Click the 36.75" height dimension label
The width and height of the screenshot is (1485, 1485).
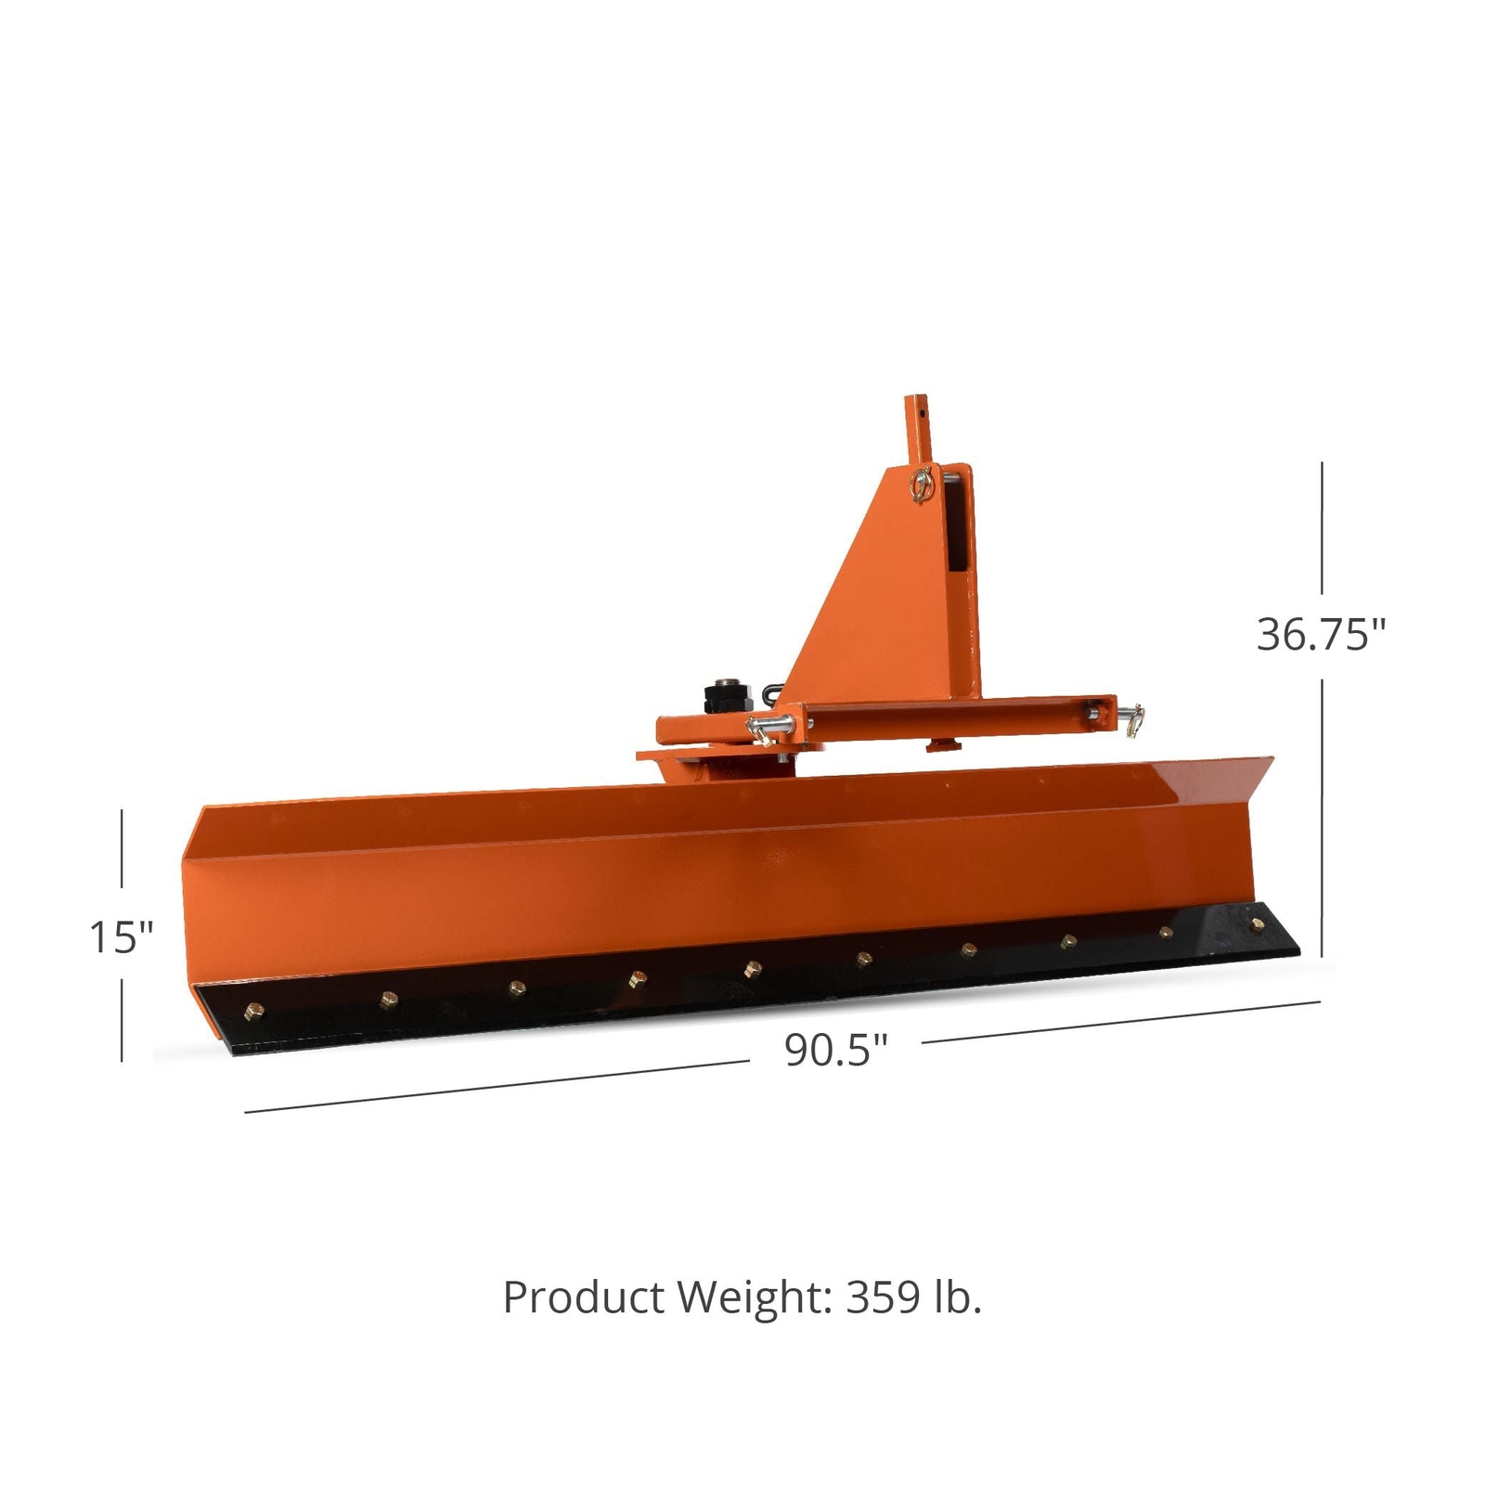tap(1321, 635)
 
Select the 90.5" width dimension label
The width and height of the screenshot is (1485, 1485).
tap(836, 1050)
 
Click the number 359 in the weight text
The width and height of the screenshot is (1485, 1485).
tap(882, 1297)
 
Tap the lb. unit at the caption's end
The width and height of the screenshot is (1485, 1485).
tap(956, 1297)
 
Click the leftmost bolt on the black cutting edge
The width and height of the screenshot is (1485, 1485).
tap(250, 1011)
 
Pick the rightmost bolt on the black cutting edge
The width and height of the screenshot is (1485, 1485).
tap(1258, 923)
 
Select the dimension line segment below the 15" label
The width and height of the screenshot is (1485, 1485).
tap(122, 1017)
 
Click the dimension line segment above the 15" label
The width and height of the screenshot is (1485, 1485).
tap(122, 848)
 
